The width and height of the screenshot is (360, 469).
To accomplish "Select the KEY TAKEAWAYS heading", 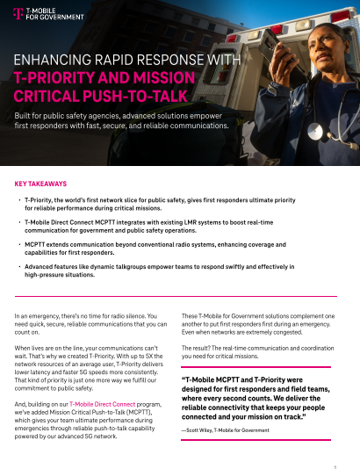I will tap(41, 184).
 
